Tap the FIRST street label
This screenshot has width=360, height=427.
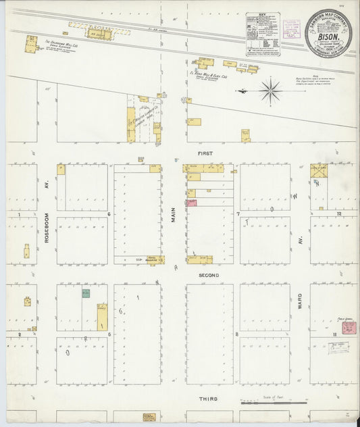point(205,154)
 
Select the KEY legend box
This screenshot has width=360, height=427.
point(263,33)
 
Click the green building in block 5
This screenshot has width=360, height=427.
point(86,293)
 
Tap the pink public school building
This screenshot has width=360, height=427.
point(349,328)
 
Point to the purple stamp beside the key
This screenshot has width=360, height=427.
point(291,28)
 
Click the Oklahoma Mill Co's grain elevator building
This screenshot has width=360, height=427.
point(31,45)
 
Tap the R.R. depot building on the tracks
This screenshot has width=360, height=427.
point(99,32)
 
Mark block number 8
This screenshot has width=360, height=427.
point(236,334)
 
